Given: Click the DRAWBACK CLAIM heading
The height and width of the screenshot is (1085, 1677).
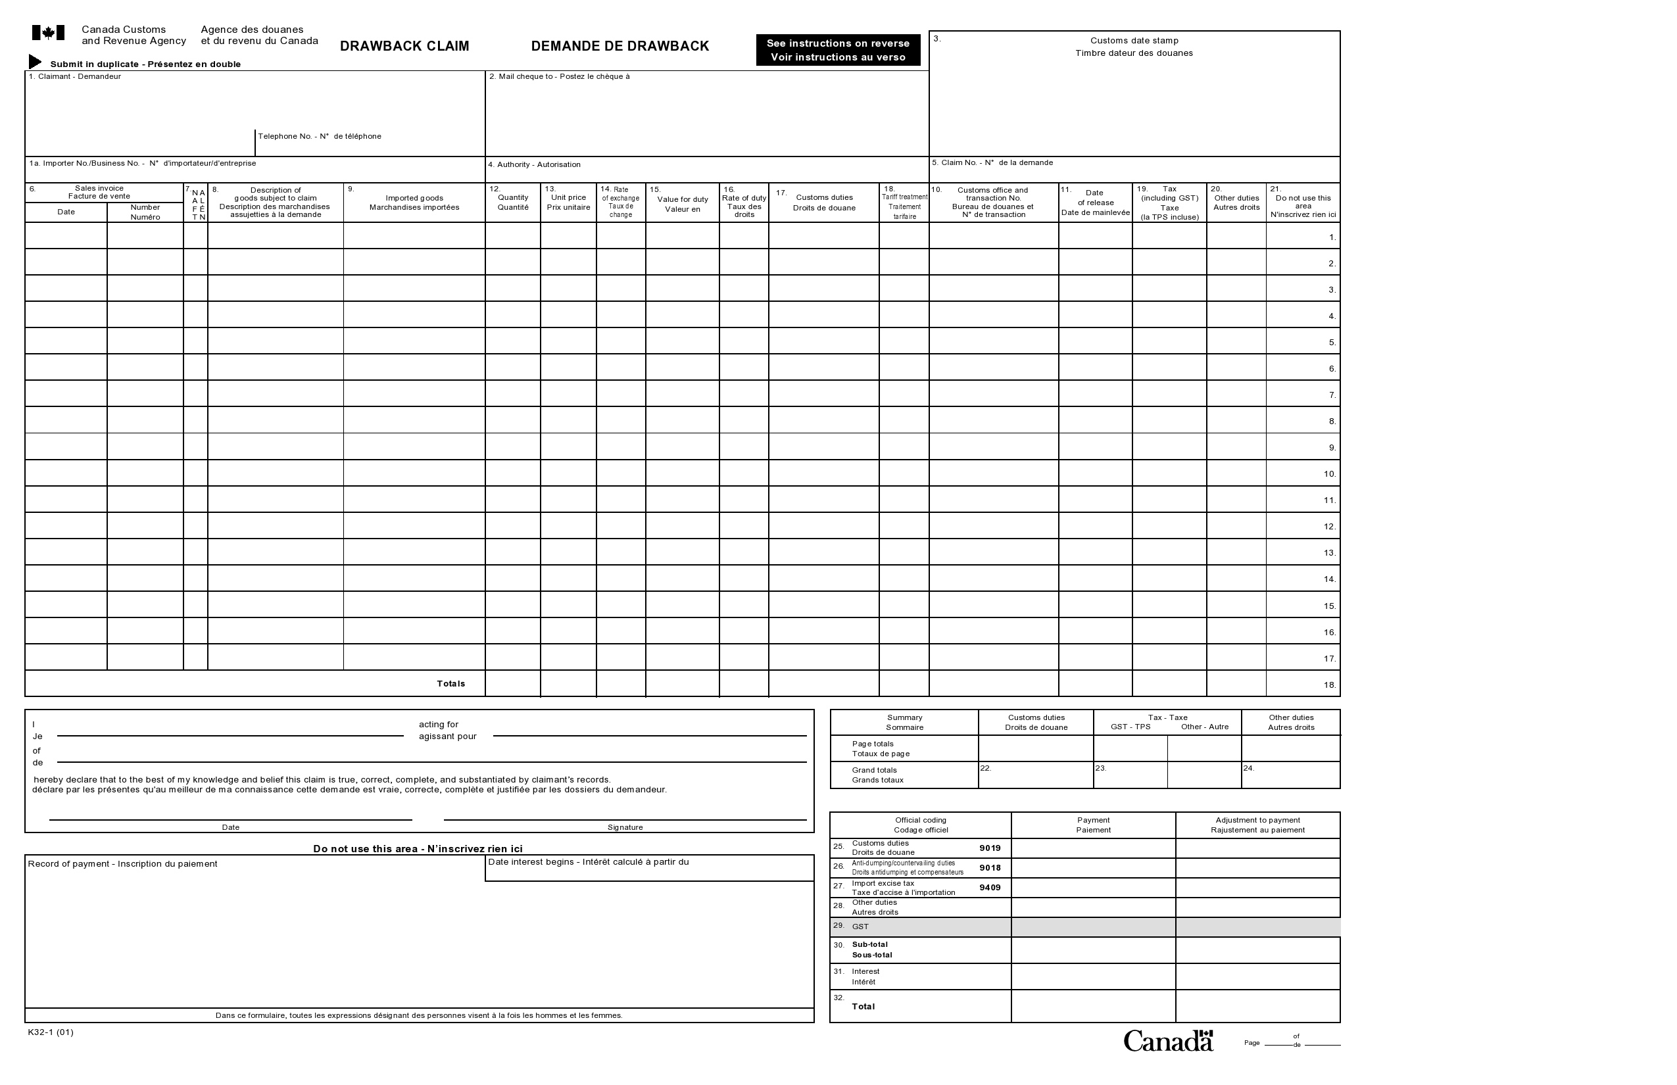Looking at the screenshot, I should pyautogui.click(x=404, y=47).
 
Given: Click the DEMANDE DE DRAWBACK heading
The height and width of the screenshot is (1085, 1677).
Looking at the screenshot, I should pyautogui.click(x=620, y=47).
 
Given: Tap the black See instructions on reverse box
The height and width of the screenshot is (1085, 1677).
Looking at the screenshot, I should pyautogui.click(x=838, y=50).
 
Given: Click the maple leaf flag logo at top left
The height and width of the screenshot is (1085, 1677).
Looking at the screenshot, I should pyautogui.click(x=48, y=33).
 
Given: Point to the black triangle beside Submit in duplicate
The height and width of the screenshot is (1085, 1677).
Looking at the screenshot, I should pyautogui.click(x=34, y=62).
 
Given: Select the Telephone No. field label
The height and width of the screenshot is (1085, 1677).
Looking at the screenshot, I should pyautogui.click(x=319, y=137).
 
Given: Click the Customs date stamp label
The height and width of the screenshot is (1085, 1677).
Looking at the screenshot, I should pyautogui.click(x=1134, y=41).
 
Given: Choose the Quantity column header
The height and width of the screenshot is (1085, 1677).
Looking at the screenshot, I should pyautogui.click(x=512, y=203).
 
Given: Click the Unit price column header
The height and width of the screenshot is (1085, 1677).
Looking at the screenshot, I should pyautogui.click(x=568, y=203).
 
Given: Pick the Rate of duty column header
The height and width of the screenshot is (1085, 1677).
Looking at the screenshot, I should pyautogui.click(x=744, y=206).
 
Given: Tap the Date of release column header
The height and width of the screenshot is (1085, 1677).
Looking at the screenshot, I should pyautogui.click(x=1095, y=203).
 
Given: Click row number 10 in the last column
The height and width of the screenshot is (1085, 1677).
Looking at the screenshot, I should pyautogui.click(x=1329, y=474).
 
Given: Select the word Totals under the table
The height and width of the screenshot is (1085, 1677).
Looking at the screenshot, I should pyautogui.click(x=450, y=684).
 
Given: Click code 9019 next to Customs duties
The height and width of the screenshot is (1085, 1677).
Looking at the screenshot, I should pyautogui.click(x=989, y=848).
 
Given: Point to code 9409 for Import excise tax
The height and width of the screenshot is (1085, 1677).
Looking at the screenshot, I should pyautogui.click(x=989, y=888).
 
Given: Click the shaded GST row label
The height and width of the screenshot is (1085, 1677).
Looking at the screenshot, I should pyautogui.click(x=860, y=927).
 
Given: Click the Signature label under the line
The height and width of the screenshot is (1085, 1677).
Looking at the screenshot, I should pyautogui.click(x=625, y=827).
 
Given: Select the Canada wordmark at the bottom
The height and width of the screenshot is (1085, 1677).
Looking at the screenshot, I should pyautogui.click(x=1167, y=1042).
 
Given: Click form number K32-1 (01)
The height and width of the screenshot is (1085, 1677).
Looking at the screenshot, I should pyautogui.click(x=50, y=1033).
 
